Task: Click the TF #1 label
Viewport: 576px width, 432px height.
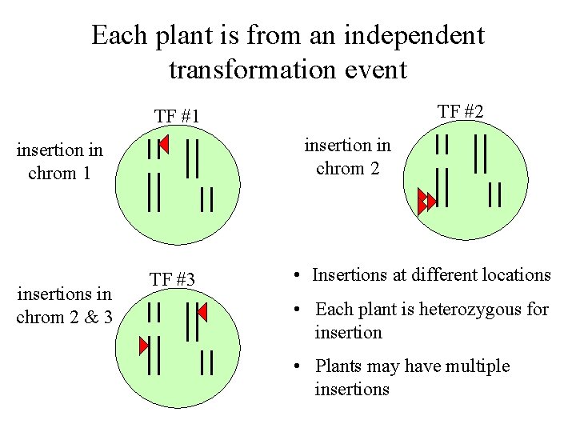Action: tap(177, 116)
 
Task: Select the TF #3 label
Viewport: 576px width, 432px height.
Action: tap(173, 279)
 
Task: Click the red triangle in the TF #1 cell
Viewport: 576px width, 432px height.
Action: tap(164, 145)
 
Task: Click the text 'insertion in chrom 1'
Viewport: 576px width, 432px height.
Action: tap(60, 161)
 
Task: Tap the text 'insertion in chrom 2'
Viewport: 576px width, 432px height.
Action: tap(348, 157)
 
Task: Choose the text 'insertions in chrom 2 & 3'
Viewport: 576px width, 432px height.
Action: tap(64, 306)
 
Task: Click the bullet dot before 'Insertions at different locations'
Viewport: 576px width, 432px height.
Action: tap(297, 276)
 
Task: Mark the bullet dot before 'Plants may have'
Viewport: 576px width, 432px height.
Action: tap(297, 367)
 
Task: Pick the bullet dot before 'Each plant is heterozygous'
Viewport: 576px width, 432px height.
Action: tap(297, 310)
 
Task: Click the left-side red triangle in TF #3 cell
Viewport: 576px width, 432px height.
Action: tap(144, 346)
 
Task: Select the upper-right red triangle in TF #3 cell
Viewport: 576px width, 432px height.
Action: tap(202, 310)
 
